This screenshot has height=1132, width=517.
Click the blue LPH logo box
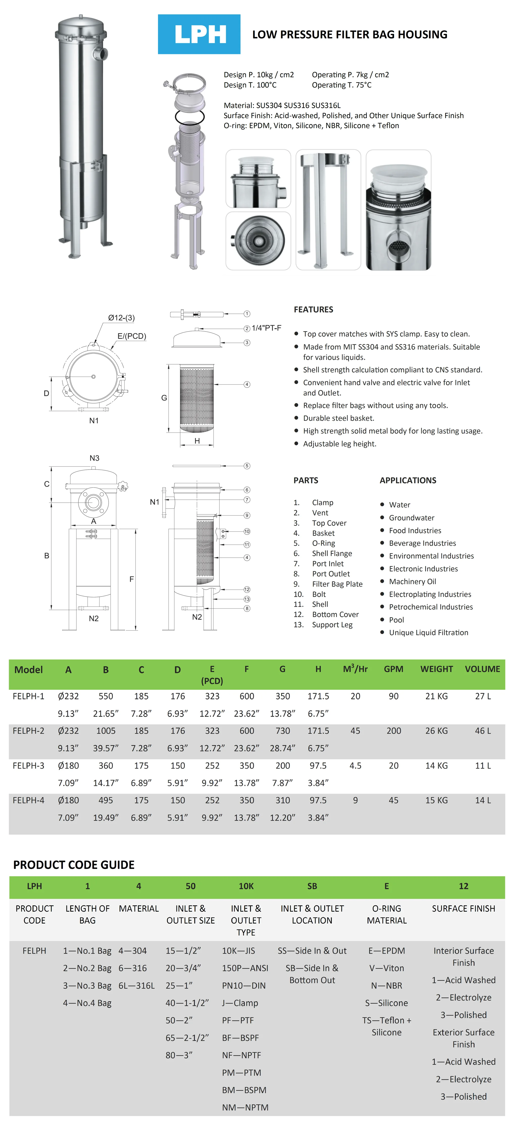tap(199, 34)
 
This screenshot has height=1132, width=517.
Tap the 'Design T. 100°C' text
tap(250, 85)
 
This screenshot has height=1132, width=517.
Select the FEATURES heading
tap(313, 309)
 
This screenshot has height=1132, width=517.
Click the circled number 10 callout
tap(247, 531)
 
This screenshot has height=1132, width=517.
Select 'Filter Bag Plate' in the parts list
tap(337, 584)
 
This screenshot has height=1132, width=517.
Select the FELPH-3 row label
tap(29, 765)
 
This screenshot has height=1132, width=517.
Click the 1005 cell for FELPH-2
tap(106, 731)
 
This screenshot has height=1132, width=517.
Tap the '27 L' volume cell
tap(483, 696)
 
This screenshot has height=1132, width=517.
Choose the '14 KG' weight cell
tap(436, 765)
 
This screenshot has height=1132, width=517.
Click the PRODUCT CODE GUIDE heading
tap(74, 865)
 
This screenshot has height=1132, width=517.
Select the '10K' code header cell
tap(246, 886)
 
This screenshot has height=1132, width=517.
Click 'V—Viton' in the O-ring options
tap(386, 968)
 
